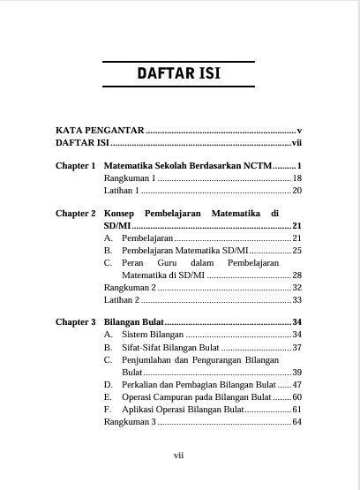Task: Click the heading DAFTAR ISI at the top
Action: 179,74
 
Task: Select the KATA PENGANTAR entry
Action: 98,130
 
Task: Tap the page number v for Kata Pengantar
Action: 300,130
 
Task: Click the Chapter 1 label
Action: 75,166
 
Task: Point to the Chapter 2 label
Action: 75,214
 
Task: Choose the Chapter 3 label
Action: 75,322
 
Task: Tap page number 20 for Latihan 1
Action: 297,190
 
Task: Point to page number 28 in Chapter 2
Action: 297,275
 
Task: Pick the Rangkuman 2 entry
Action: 129,288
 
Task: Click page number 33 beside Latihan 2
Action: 297,300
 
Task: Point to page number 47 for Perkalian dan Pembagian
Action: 297,385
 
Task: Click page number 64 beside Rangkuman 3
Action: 297,422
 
